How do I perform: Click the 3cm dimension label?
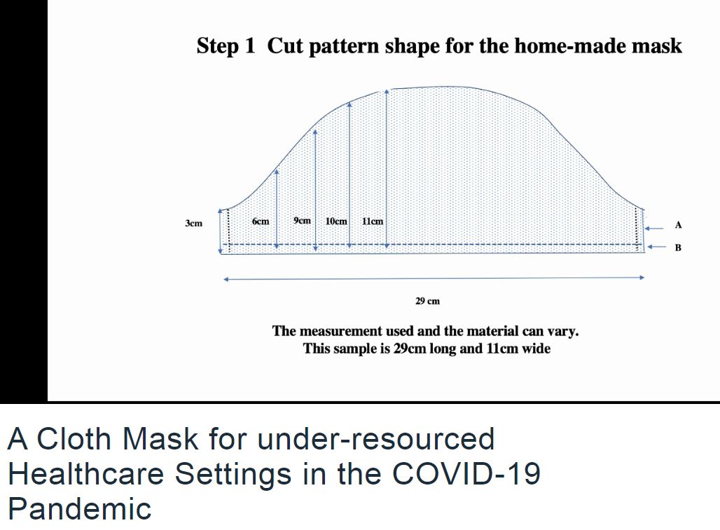(x=193, y=223)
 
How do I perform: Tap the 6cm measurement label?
(x=261, y=221)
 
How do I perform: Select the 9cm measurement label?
(x=302, y=221)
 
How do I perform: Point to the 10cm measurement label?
(x=336, y=221)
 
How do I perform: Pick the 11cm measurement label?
(x=373, y=221)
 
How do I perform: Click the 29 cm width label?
(x=427, y=302)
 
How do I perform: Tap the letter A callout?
(x=678, y=225)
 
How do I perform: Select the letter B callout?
(x=678, y=248)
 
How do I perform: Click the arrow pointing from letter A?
(x=654, y=228)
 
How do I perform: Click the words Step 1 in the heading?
(x=226, y=46)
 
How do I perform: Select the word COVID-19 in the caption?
(x=466, y=473)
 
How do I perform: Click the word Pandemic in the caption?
(x=79, y=508)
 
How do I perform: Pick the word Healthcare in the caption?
(x=86, y=473)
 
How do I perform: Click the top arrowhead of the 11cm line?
(x=387, y=92)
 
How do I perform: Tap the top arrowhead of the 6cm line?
(x=277, y=172)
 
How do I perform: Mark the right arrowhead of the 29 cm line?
(x=642, y=277)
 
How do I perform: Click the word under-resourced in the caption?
(x=376, y=439)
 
